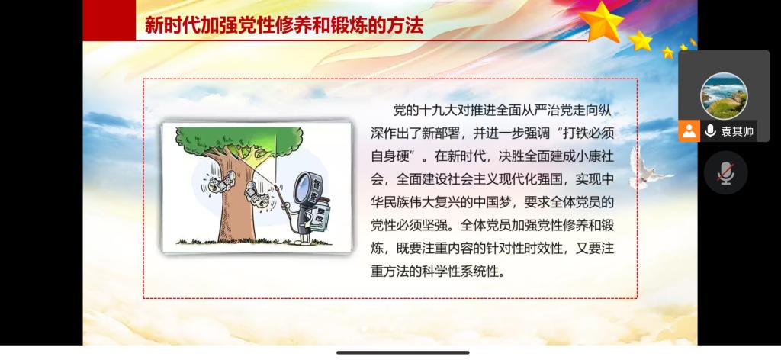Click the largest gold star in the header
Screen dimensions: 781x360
601,21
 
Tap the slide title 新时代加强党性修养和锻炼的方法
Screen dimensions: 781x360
284,25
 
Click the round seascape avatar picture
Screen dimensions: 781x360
724,95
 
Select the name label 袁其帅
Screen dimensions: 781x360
738,132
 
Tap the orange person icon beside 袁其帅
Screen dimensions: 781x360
689,131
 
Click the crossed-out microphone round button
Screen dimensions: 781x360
726,172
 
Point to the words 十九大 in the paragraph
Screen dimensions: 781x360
438,110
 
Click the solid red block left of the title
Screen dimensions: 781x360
109,21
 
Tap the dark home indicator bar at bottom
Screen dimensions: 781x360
403,352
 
